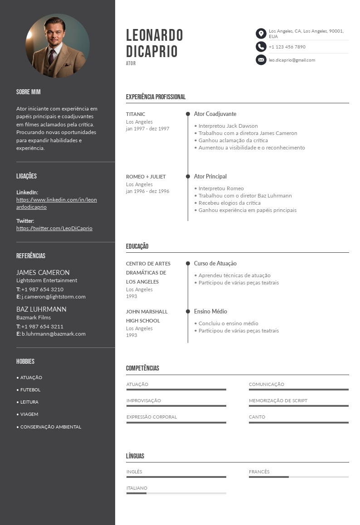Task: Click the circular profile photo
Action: coord(58,46)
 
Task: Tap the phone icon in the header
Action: coord(261,47)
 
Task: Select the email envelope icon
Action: coord(261,60)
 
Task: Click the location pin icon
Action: coord(261,34)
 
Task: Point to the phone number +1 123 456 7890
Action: coord(287,47)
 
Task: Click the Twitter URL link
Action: coord(54,228)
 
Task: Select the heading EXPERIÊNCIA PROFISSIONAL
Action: coord(156,97)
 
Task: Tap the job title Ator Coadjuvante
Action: coord(215,114)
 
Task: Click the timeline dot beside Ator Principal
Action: coord(188,177)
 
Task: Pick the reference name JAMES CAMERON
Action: coord(43,273)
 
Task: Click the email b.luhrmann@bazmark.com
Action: coord(54,334)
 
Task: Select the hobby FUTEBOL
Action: coord(30,390)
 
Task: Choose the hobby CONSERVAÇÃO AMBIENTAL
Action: coord(51,427)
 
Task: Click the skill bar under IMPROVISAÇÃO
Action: coord(176,406)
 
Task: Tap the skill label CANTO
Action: coord(257,417)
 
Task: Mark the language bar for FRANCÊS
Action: coord(298,477)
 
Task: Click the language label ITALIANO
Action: coord(137,488)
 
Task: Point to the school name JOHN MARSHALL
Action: coord(147,312)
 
